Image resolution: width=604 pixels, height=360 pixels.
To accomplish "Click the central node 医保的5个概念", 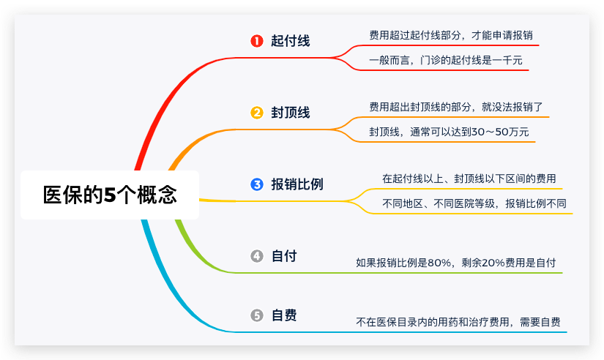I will click(x=110, y=195).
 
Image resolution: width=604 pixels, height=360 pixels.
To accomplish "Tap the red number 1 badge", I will click(x=256, y=41).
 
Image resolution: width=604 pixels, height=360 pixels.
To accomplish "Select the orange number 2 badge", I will click(x=256, y=113).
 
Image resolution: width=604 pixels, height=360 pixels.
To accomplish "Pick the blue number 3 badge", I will click(x=256, y=184).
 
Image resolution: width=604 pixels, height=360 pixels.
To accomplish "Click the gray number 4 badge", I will click(x=256, y=256).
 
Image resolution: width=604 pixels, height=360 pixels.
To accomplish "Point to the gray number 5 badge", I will click(x=256, y=315).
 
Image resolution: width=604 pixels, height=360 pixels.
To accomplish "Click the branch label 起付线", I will click(x=290, y=41).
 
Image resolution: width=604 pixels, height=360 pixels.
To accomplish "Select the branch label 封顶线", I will click(x=290, y=113).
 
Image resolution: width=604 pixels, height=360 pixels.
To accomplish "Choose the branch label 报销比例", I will click(x=297, y=184).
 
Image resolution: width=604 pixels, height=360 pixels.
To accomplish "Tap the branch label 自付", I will click(x=284, y=256).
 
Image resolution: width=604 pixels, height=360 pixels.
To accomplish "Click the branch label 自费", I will click(x=284, y=315).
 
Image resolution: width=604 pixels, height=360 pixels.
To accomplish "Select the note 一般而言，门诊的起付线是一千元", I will click(x=446, y=61).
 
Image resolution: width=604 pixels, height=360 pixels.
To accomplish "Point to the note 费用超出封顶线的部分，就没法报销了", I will click(x=456, y=107).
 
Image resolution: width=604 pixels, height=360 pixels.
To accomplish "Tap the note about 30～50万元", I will click(x=449, y=132).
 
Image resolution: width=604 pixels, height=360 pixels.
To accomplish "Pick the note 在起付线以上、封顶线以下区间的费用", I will click(x=469, y=178).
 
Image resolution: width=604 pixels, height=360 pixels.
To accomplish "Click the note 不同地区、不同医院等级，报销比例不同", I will click(x=474, y=203).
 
